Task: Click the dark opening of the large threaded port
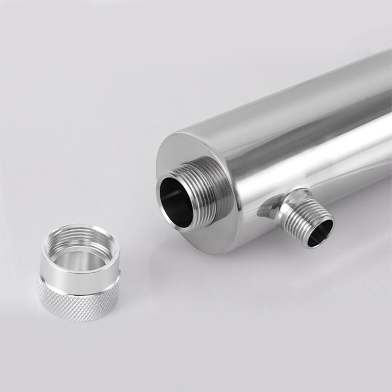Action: pos(175,199)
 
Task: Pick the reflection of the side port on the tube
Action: pos(268,209)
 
